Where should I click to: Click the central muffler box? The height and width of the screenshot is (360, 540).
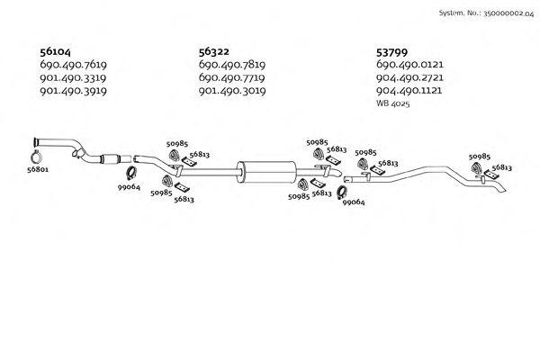[266, 169]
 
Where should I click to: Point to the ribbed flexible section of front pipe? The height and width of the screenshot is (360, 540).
[112, 160]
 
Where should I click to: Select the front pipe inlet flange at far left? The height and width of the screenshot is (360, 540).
[35, 142]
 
